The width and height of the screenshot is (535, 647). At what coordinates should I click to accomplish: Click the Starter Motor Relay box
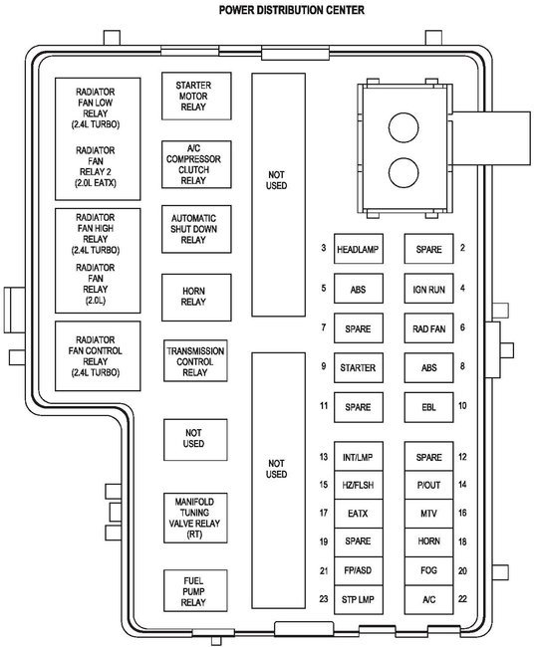click(196, 97)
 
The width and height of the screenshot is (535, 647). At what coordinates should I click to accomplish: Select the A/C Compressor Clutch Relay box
click(196, 164)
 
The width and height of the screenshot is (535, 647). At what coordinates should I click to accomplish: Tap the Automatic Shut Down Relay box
click(196, 229)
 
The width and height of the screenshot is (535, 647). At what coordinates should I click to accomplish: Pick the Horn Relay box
click(196, 297)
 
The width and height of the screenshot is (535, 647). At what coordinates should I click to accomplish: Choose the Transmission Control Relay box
click(195, 360)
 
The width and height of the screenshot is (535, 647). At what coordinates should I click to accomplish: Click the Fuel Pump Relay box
click(195, 591)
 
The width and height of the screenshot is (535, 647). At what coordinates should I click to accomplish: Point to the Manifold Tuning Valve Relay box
click(195, 518)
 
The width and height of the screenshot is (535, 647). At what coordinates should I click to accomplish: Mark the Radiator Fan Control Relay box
click(98, 355)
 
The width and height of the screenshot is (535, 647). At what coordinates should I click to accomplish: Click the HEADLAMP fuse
click(359, 249)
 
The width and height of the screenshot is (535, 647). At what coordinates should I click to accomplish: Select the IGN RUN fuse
click(428, 289)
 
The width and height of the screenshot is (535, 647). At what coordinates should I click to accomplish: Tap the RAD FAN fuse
click(428, 328)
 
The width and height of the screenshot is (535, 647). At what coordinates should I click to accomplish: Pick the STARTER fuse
click(359, 367)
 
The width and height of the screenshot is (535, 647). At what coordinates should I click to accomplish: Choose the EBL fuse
click(428, 407)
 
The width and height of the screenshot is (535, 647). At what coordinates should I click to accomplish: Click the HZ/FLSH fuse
click(359, 485)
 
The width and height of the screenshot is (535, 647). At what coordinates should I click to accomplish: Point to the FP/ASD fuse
click(359, 570)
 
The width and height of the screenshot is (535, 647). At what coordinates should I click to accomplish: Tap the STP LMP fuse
click(359, 599)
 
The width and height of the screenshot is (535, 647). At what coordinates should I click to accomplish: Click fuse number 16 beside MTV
click(462, 513)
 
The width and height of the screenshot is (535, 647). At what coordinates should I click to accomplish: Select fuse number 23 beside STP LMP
click(324, 598)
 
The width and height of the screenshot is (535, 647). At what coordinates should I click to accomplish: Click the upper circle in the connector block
click(403, 128)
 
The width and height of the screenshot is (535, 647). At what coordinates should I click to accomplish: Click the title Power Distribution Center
click(292, 10)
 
